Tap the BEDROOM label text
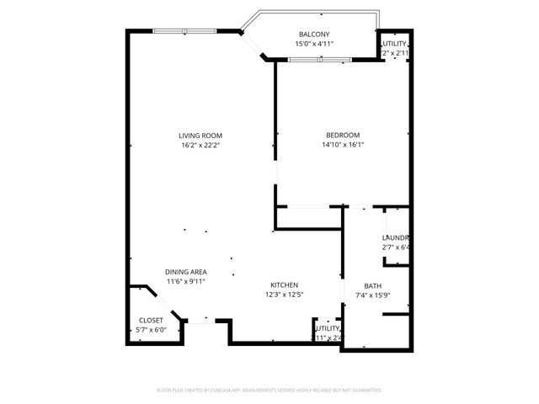343,136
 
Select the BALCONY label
314,35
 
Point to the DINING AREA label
185,272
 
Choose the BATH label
372,286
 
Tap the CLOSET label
151,321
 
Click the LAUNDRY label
395,238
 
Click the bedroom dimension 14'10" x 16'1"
343,145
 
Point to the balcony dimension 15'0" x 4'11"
314,44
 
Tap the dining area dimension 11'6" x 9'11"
185,281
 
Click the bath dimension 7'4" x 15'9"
372,295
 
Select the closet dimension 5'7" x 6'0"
151,330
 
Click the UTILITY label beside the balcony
395,44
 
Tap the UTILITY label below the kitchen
328,328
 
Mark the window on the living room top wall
184,31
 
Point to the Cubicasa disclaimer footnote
269,391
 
